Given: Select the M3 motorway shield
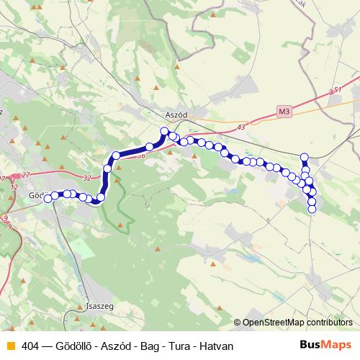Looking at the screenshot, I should (x=285, y=111).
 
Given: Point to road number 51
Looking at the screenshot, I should (x=338, y=90).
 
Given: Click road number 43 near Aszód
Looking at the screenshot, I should (x=240, y=127).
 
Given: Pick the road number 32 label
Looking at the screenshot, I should (x=87, y=176).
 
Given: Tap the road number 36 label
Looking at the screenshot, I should (x=140, y=156).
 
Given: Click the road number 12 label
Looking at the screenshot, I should (x=14, y=187).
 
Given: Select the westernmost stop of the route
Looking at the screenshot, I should (x=48, y=199).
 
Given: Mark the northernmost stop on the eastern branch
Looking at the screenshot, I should (x=305, y=157).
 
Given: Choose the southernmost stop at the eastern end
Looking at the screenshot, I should (x=312, y=210).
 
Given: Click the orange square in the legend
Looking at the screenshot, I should (x=10, y=346).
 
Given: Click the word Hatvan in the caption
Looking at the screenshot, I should (x=217, y=346).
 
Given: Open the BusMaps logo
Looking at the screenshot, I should (x=325, y=345).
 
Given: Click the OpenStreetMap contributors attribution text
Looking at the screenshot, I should (x=298, y=323).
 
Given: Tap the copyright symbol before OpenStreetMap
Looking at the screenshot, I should (x=238, y=323).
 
